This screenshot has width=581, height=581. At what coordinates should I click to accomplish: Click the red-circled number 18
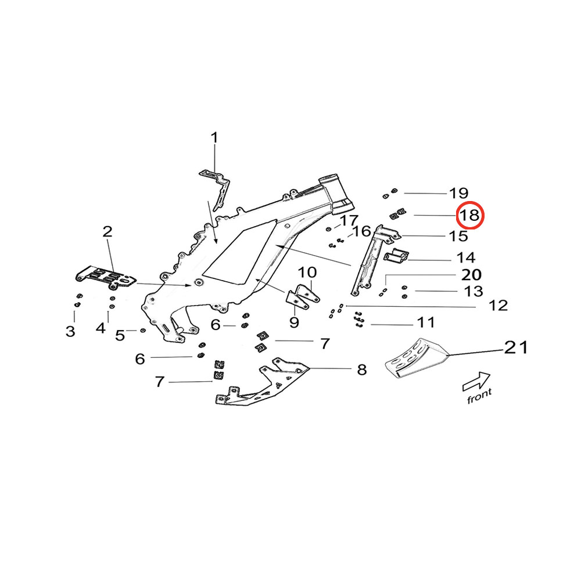point(469,216)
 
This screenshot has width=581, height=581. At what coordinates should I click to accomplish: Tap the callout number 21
point(515,347)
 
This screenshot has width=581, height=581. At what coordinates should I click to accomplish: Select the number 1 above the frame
point(214,138)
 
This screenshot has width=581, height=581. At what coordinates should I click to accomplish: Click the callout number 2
point(107,232)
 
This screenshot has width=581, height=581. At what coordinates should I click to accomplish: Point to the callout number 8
point(362,369)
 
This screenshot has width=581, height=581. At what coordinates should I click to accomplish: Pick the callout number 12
point(498,305)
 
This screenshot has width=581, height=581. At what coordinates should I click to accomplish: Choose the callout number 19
point(458,193)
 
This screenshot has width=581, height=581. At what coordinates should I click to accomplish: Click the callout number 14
point(466,257)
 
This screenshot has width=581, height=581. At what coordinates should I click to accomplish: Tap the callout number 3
point(70,331)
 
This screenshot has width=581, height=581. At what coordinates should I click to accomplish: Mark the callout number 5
point(120,335)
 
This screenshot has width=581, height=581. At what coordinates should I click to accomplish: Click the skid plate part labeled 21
point(415,360)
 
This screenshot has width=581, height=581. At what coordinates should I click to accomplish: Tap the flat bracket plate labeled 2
point(106,277)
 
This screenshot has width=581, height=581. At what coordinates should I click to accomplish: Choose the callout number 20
point(471,274)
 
